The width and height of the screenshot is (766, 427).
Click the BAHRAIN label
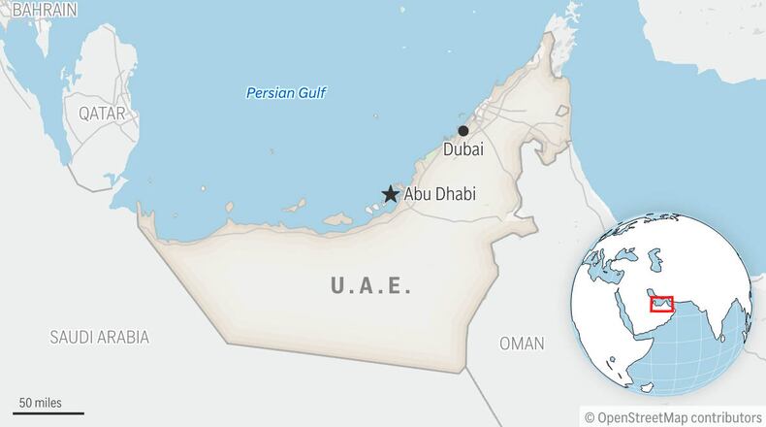(x=38, y=10)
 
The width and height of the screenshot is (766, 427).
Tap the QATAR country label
(x=102, y=114)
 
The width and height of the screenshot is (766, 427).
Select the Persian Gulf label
(x=287, y=93)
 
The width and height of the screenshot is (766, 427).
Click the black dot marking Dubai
(x=463, y=131)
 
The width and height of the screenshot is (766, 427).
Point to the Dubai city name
(x=463, y=149)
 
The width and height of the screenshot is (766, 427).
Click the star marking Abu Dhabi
(x=390, y=194)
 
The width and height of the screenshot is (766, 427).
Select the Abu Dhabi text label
(x=439, y=194)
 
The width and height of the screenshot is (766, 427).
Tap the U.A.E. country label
(x=371, y=286)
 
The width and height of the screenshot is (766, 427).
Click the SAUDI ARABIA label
(x=100, y=338)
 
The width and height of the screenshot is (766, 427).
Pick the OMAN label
(x=521, y=344)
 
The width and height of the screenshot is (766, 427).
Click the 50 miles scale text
(x=40, y=402)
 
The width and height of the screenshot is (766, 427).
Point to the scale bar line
(x=48, y=412)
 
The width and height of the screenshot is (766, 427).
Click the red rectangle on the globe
(x=661, y=306)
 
